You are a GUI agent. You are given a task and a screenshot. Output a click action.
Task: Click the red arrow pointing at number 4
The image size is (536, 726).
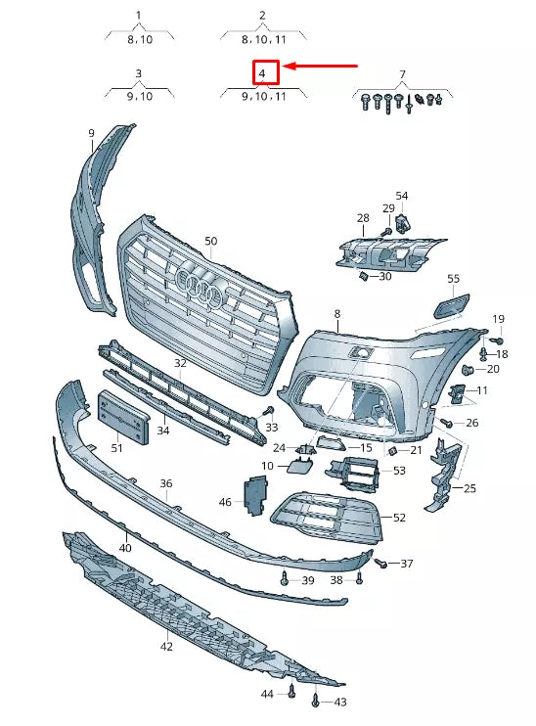pyautogui.click(x=320, y=67)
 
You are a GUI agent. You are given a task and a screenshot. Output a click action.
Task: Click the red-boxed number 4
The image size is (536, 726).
pyautogui.click(x=262, y=73)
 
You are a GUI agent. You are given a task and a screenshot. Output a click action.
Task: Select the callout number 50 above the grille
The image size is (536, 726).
pyautogui.click(x=210, y=241)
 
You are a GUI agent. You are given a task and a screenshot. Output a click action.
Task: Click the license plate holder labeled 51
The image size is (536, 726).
pyautogui.click(x=123, y=417)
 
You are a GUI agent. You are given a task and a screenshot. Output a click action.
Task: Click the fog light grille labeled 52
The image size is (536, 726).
pyautogui.click(x=327, y=517)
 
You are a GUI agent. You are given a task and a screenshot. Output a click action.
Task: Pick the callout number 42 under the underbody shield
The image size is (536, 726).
pyautogui.click(x=166, y=647)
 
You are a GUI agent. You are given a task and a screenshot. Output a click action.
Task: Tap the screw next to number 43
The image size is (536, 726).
pyautogui.click(x=315, y=701)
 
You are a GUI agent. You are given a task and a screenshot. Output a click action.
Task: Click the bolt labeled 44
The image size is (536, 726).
pyautogui.click(x=291, y=691)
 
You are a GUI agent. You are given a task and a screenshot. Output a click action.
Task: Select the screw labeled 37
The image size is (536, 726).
pyautogui.click(x=380, y=563)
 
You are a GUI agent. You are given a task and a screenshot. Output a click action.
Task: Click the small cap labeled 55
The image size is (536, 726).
pyautogui.click(x=451, y=305)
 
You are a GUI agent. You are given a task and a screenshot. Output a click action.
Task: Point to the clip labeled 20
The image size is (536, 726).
pyautogui.click(x=469, y=370)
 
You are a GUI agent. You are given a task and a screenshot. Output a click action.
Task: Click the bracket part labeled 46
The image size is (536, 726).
pyautogui.click(x=254, y=496)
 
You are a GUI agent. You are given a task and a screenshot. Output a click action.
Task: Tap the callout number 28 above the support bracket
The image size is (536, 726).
pyautogui.click(x=363, y=217)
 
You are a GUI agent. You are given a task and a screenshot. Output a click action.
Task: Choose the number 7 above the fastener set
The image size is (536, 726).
pyautogui.click(x=402, y=73)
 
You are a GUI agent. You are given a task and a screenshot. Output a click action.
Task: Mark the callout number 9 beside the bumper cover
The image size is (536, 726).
pyautogui.click(x=91, y=133)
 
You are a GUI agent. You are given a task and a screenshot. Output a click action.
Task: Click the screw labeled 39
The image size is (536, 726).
pyautogui.click(x=285, y=577)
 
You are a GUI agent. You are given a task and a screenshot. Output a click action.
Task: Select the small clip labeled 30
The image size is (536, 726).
pyautogui.click(x=363, y=277)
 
